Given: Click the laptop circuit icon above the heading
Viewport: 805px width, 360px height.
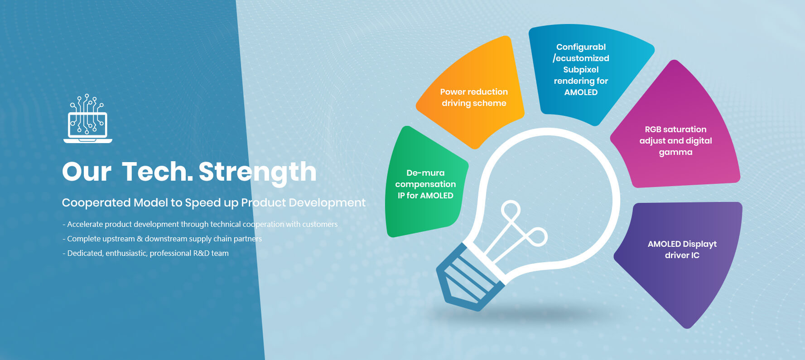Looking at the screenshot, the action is [88, 119].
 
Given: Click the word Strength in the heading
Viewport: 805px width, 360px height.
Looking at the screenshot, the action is [257, 172].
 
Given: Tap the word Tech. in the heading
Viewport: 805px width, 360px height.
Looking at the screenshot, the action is [157, 172].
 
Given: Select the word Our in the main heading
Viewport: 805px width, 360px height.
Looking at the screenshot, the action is [87, 172].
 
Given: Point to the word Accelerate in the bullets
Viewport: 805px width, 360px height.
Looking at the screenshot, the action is [85, 224].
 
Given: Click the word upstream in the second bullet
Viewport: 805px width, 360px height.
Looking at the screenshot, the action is [118, 239].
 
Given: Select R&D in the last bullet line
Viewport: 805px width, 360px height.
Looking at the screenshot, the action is [201, 253].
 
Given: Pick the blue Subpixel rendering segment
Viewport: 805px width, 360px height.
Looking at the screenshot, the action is [584, 70].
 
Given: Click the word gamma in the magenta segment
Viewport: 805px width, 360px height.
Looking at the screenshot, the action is [675, 153].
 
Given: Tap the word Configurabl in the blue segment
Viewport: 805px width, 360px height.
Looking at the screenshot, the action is [581, 47].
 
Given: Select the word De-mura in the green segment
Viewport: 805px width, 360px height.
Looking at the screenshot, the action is [425, 173].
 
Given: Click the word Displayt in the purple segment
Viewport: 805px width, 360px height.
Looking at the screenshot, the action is [700, 245].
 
